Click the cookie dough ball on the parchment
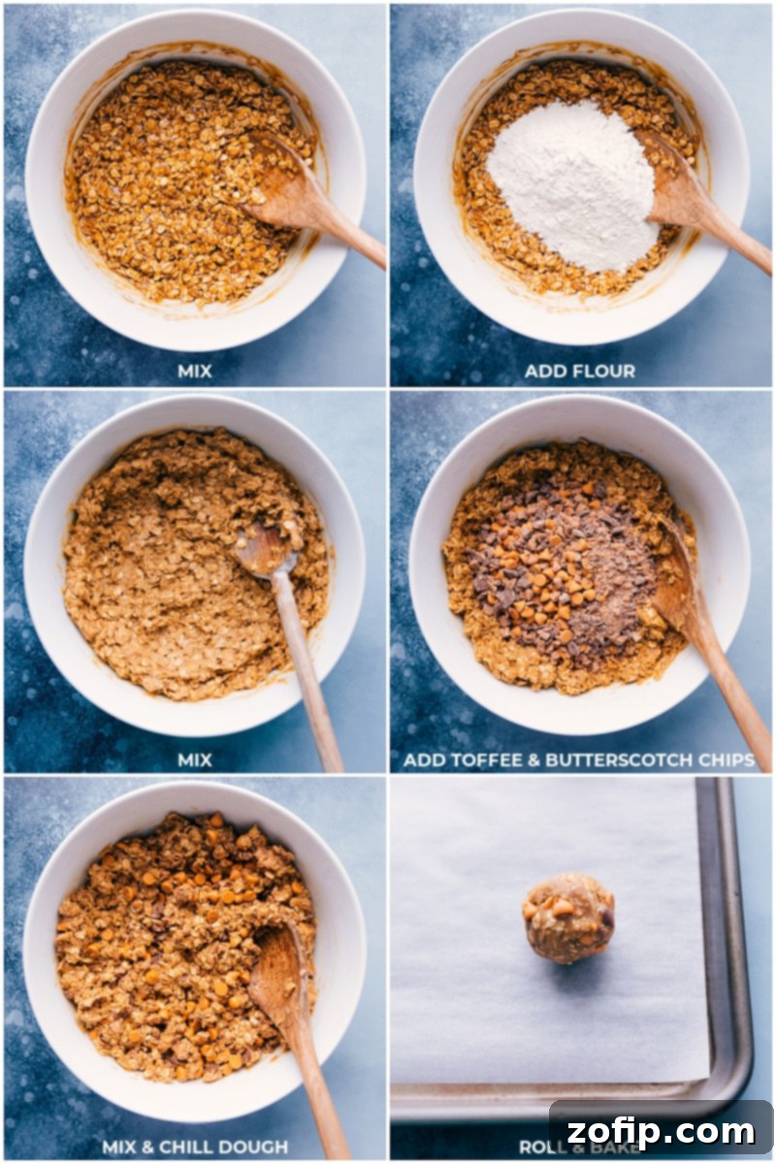[569, 918]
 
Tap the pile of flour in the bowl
[571, 184]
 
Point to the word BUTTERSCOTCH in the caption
[626, 760]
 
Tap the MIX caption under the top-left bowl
[195, 371]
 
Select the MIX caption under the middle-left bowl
[195, 760]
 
